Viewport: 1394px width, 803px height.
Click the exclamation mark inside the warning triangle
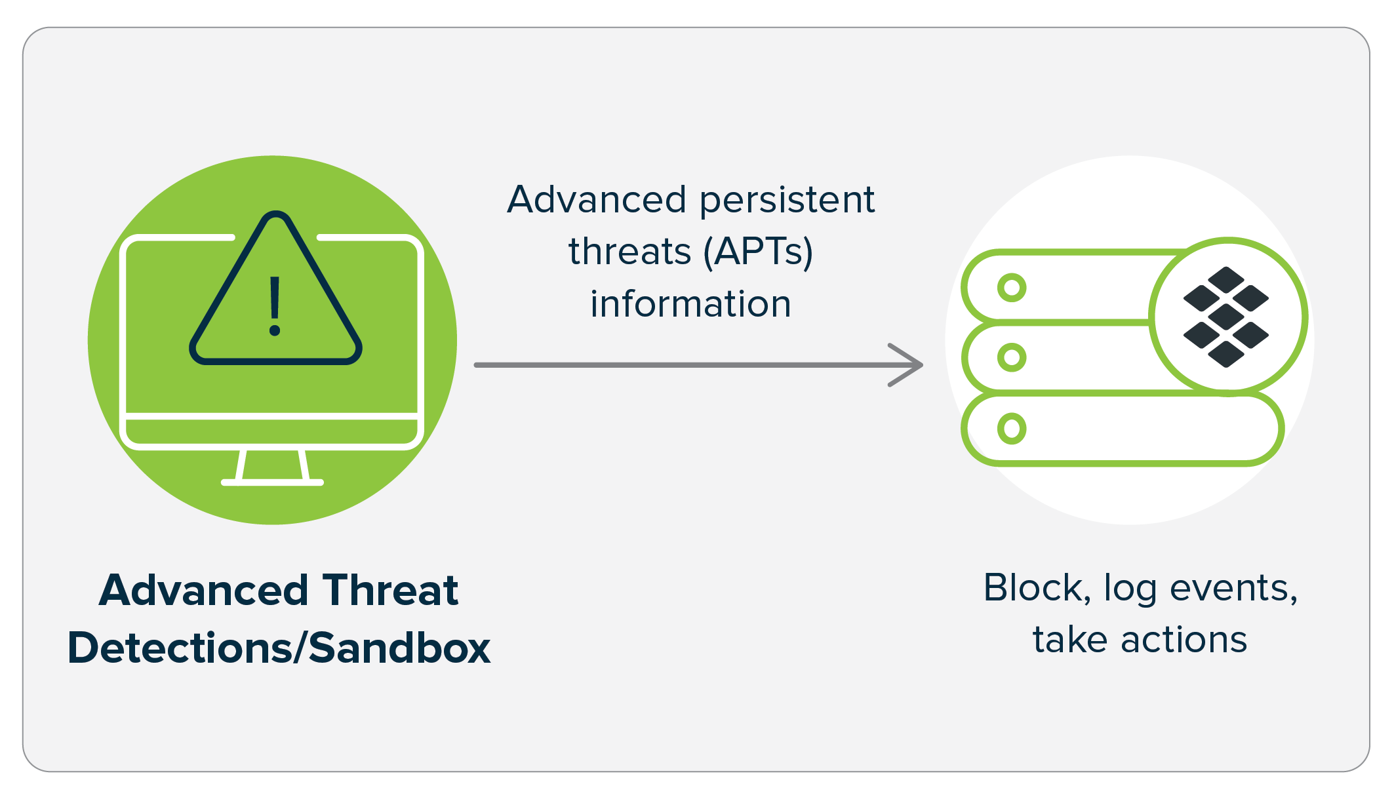[x=275, y=305]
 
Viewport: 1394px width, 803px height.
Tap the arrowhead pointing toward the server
[x=909, y=365]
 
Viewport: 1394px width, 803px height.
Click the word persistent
[x=787, y=201]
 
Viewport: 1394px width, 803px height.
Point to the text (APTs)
[x=758, y=252]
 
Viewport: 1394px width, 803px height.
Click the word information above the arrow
[x=690, y=304]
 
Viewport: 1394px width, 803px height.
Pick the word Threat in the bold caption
[x=390, y=590]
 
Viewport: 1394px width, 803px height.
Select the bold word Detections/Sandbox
[x=279, y=648]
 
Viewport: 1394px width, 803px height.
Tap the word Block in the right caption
[x=1037, y=588]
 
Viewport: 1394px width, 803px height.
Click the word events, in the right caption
[x=1233, y=589]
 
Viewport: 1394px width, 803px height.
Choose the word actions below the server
[x=1184, y=640]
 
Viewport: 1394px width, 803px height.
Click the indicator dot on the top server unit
[x=1012, y=288]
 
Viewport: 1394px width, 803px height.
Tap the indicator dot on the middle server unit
[x=1012, y=357]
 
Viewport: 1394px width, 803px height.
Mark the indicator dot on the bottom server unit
[x=1012, y=429]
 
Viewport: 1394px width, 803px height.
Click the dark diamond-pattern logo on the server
[x=1225, y=317]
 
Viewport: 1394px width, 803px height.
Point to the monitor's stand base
[x=272, y=482]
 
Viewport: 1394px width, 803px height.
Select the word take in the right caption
[x=1070, y=640]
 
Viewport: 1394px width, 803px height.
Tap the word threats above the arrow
[x=629, y=252]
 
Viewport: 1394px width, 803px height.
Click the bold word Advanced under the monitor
[x=204, y=590]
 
